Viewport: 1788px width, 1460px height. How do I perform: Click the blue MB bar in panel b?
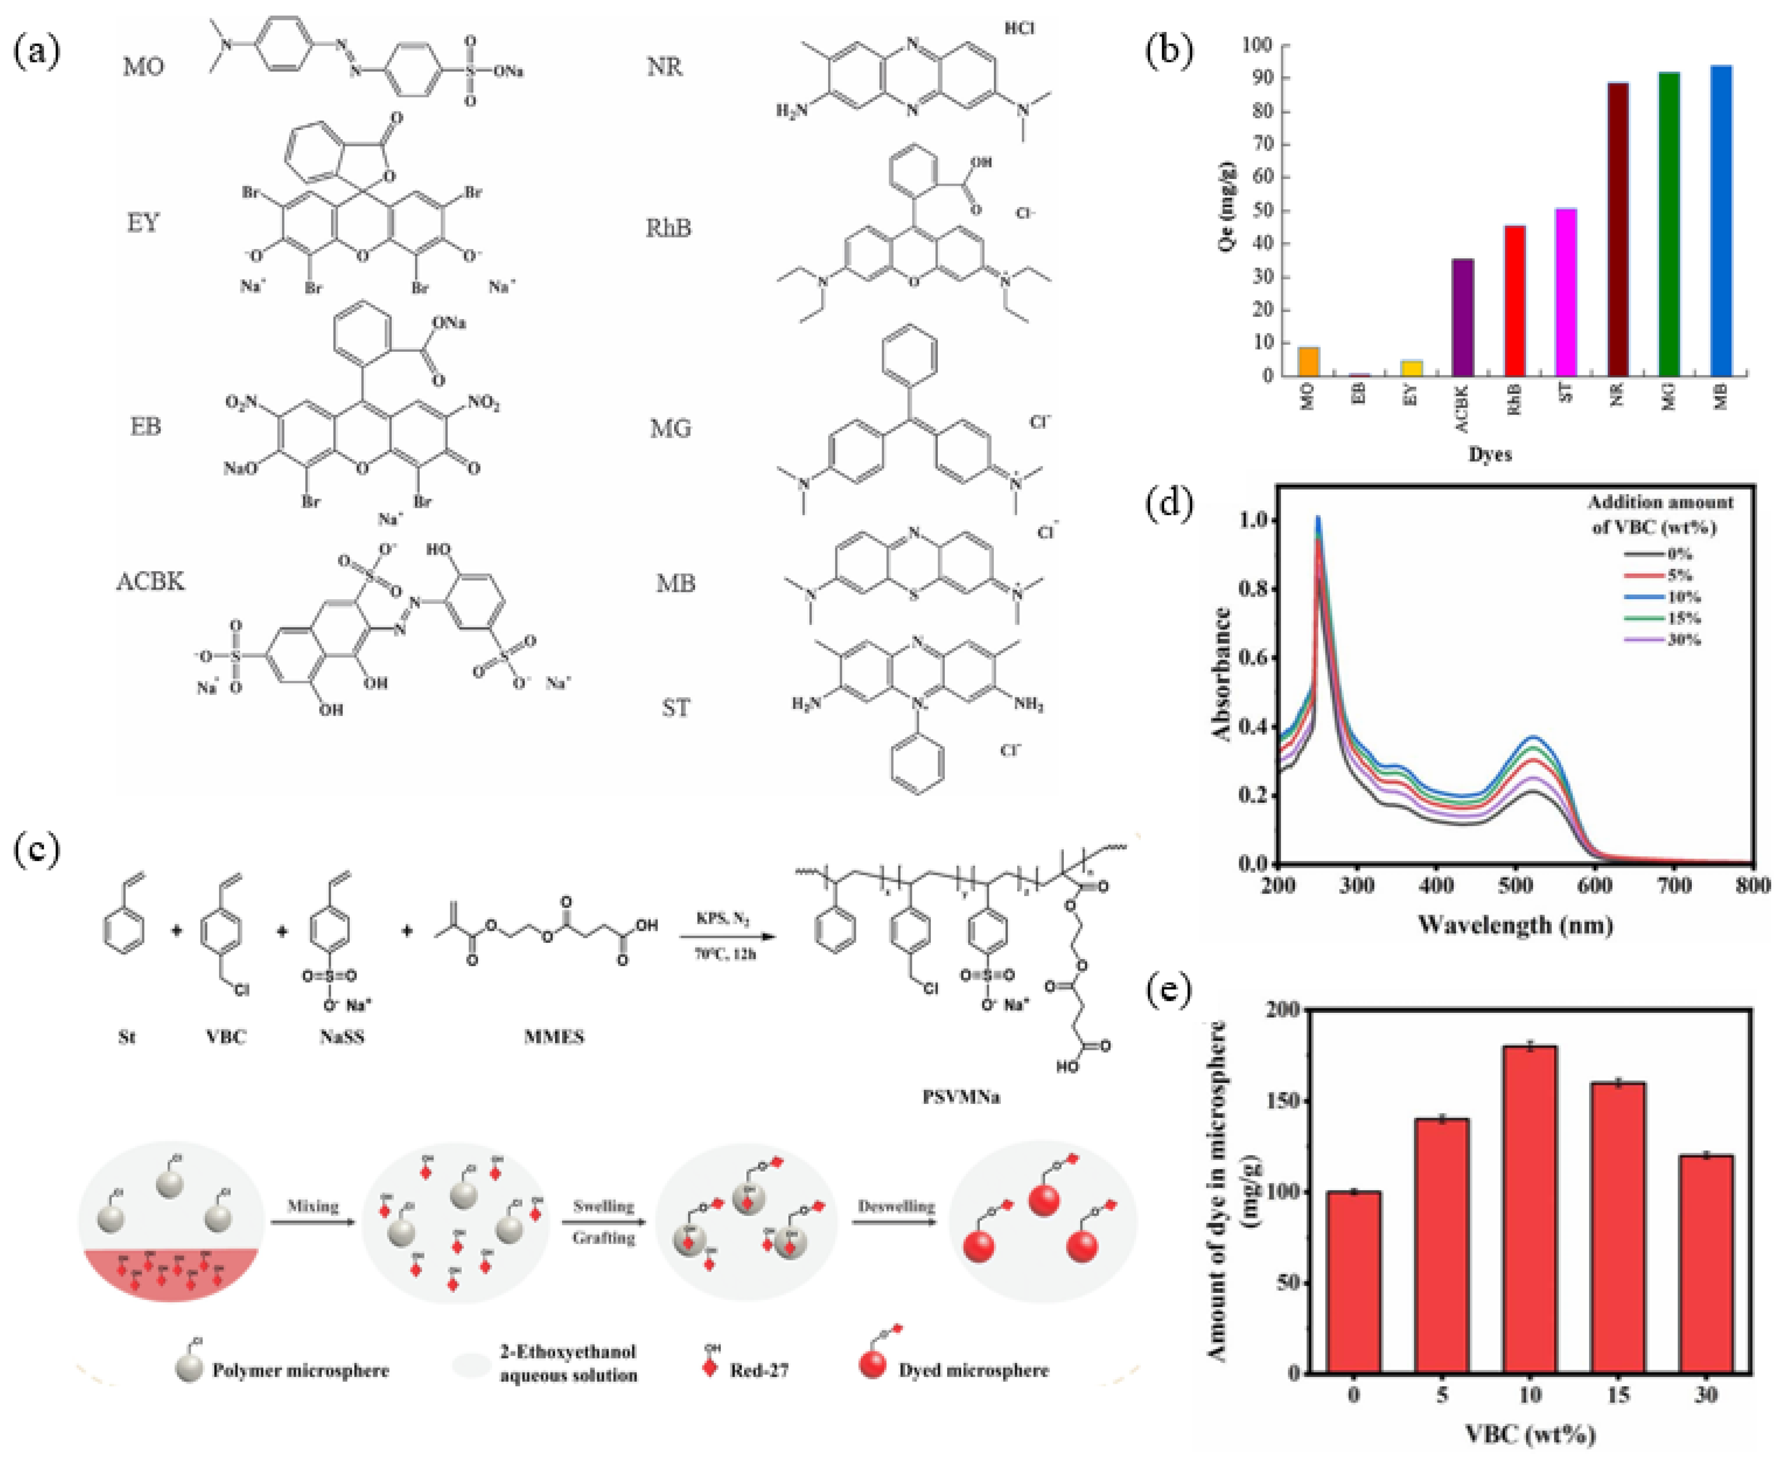[1721, 220]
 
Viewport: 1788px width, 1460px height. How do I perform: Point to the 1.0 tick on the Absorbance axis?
[1253, 521]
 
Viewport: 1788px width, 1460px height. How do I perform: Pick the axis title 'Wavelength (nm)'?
[1515, 925]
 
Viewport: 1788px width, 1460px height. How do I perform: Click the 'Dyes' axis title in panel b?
[1490, 454]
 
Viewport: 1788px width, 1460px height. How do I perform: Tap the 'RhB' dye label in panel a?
[668, 228]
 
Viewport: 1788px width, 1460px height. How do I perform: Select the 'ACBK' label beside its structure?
[150, 581]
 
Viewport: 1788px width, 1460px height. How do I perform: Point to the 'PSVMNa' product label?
[961, 1097]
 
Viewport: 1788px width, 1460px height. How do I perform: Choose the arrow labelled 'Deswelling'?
[896, 1221]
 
